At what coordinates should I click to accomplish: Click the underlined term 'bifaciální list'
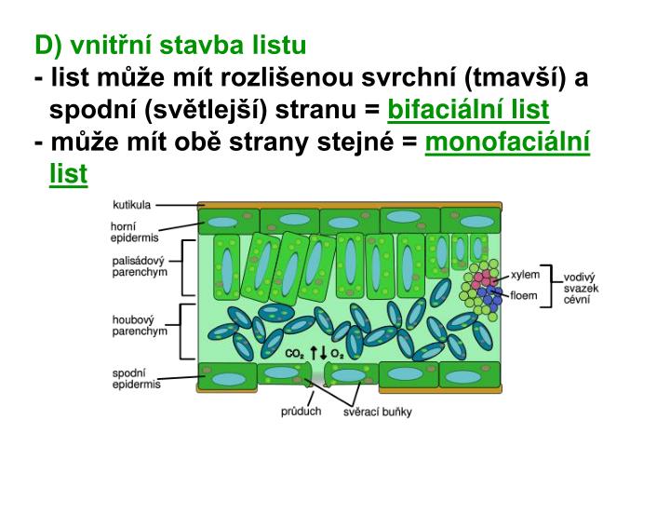point(468,111)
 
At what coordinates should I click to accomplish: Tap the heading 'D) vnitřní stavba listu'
point(170,45)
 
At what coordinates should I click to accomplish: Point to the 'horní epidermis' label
point(128,231)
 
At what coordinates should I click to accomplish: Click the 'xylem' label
point(525,277)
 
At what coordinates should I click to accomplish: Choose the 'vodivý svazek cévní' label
point(581,289)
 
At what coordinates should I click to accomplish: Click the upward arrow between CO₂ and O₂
point(314,352)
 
